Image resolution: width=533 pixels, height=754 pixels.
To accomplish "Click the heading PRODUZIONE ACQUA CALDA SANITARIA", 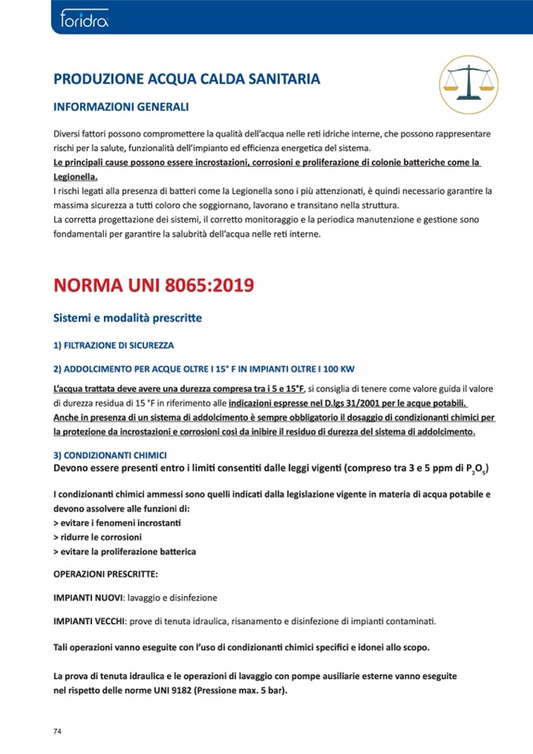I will (186, 79).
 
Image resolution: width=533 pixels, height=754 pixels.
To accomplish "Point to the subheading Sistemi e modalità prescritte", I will (127, 318).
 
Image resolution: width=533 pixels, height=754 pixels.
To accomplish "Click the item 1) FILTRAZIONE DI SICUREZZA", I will (113, 346).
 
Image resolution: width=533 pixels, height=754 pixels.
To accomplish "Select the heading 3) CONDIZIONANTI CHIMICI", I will (109, 455).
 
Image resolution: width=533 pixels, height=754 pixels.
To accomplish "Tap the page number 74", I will (57, 731).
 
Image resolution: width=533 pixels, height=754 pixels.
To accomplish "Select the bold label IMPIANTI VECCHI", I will (89, 621).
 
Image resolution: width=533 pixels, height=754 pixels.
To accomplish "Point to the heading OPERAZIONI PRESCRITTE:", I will (105, 573).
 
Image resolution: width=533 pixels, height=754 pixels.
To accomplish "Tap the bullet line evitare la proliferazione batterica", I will (124, 551).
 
